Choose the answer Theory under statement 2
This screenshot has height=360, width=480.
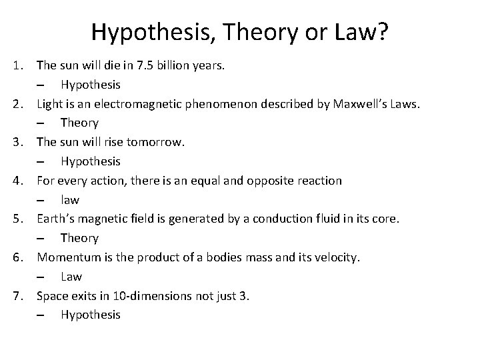(79, 123)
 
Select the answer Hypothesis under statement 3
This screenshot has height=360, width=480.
(91, 161)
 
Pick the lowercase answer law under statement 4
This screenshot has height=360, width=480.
(69, 200)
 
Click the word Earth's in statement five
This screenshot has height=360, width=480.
(55, 219)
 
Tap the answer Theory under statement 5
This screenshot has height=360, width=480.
(79, 238)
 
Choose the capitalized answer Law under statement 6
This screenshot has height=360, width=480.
(71, 277)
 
